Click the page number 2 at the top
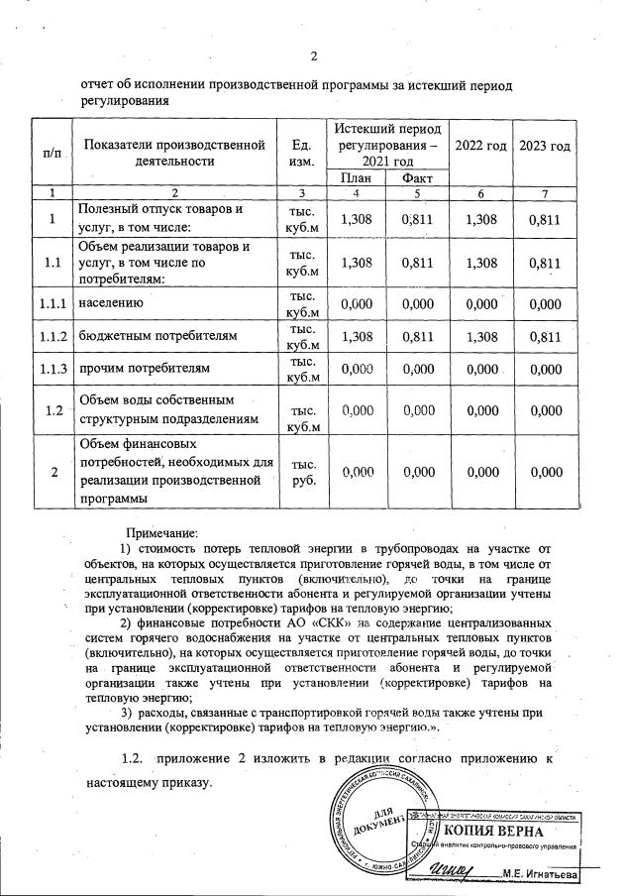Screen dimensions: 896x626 point(313,56)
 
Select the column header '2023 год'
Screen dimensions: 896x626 point(547,147)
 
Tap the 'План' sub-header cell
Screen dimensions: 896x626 point(356,177)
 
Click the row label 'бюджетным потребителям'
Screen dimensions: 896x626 point(158,337)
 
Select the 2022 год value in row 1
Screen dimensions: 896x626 point(480,218)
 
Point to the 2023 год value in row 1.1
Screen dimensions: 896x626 point(547,264)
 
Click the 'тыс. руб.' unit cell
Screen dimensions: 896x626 point(297,472)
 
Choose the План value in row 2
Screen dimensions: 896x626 point(356,473)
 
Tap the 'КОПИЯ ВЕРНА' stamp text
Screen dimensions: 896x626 point(498,830)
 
